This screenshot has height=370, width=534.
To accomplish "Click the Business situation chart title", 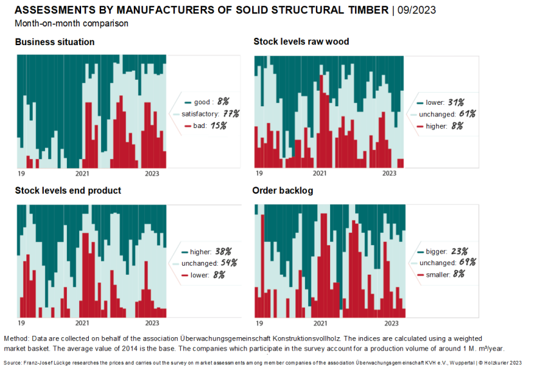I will coord(55,42).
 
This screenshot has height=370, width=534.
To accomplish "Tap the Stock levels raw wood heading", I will coord(301,42).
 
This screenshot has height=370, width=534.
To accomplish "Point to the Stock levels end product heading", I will coord(68,190).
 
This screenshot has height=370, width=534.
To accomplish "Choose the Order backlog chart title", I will coord(282,190).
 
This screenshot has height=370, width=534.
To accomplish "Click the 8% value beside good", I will coord(223,102).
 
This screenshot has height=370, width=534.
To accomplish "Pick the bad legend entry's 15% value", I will coord(218,126).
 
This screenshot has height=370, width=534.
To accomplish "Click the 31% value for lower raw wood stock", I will coord(457,102).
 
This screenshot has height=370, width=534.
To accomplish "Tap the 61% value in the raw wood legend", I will coord(467,114).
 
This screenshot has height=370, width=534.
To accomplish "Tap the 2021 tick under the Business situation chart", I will coord(82,173).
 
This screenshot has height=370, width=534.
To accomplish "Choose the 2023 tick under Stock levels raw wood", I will coord(389,173).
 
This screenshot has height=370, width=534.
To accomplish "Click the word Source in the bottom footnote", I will coord(14,363).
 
